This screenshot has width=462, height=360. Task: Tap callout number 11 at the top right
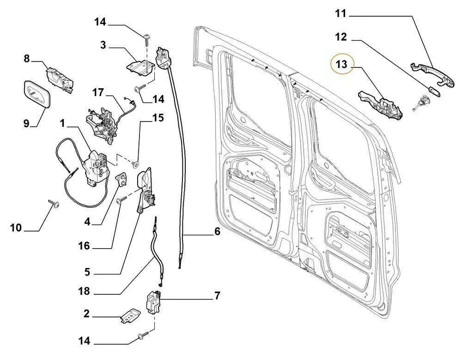coord(341,13)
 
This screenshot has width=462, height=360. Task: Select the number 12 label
coord(341,37)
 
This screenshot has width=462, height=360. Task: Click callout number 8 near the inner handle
coord(27,59)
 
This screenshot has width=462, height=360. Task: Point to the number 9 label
coord(26,123)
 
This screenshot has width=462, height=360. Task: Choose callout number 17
coord(97,92)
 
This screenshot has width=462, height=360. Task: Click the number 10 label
coord(16,227)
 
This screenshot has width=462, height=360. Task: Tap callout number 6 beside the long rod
coord(217,232)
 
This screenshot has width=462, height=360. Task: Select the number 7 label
coord(217,295)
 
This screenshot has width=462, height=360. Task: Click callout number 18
coord(84,292)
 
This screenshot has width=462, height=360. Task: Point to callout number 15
coord(158,118)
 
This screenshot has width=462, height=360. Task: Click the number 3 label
coord(103,45)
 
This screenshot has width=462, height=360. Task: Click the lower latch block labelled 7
coord(153,303)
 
